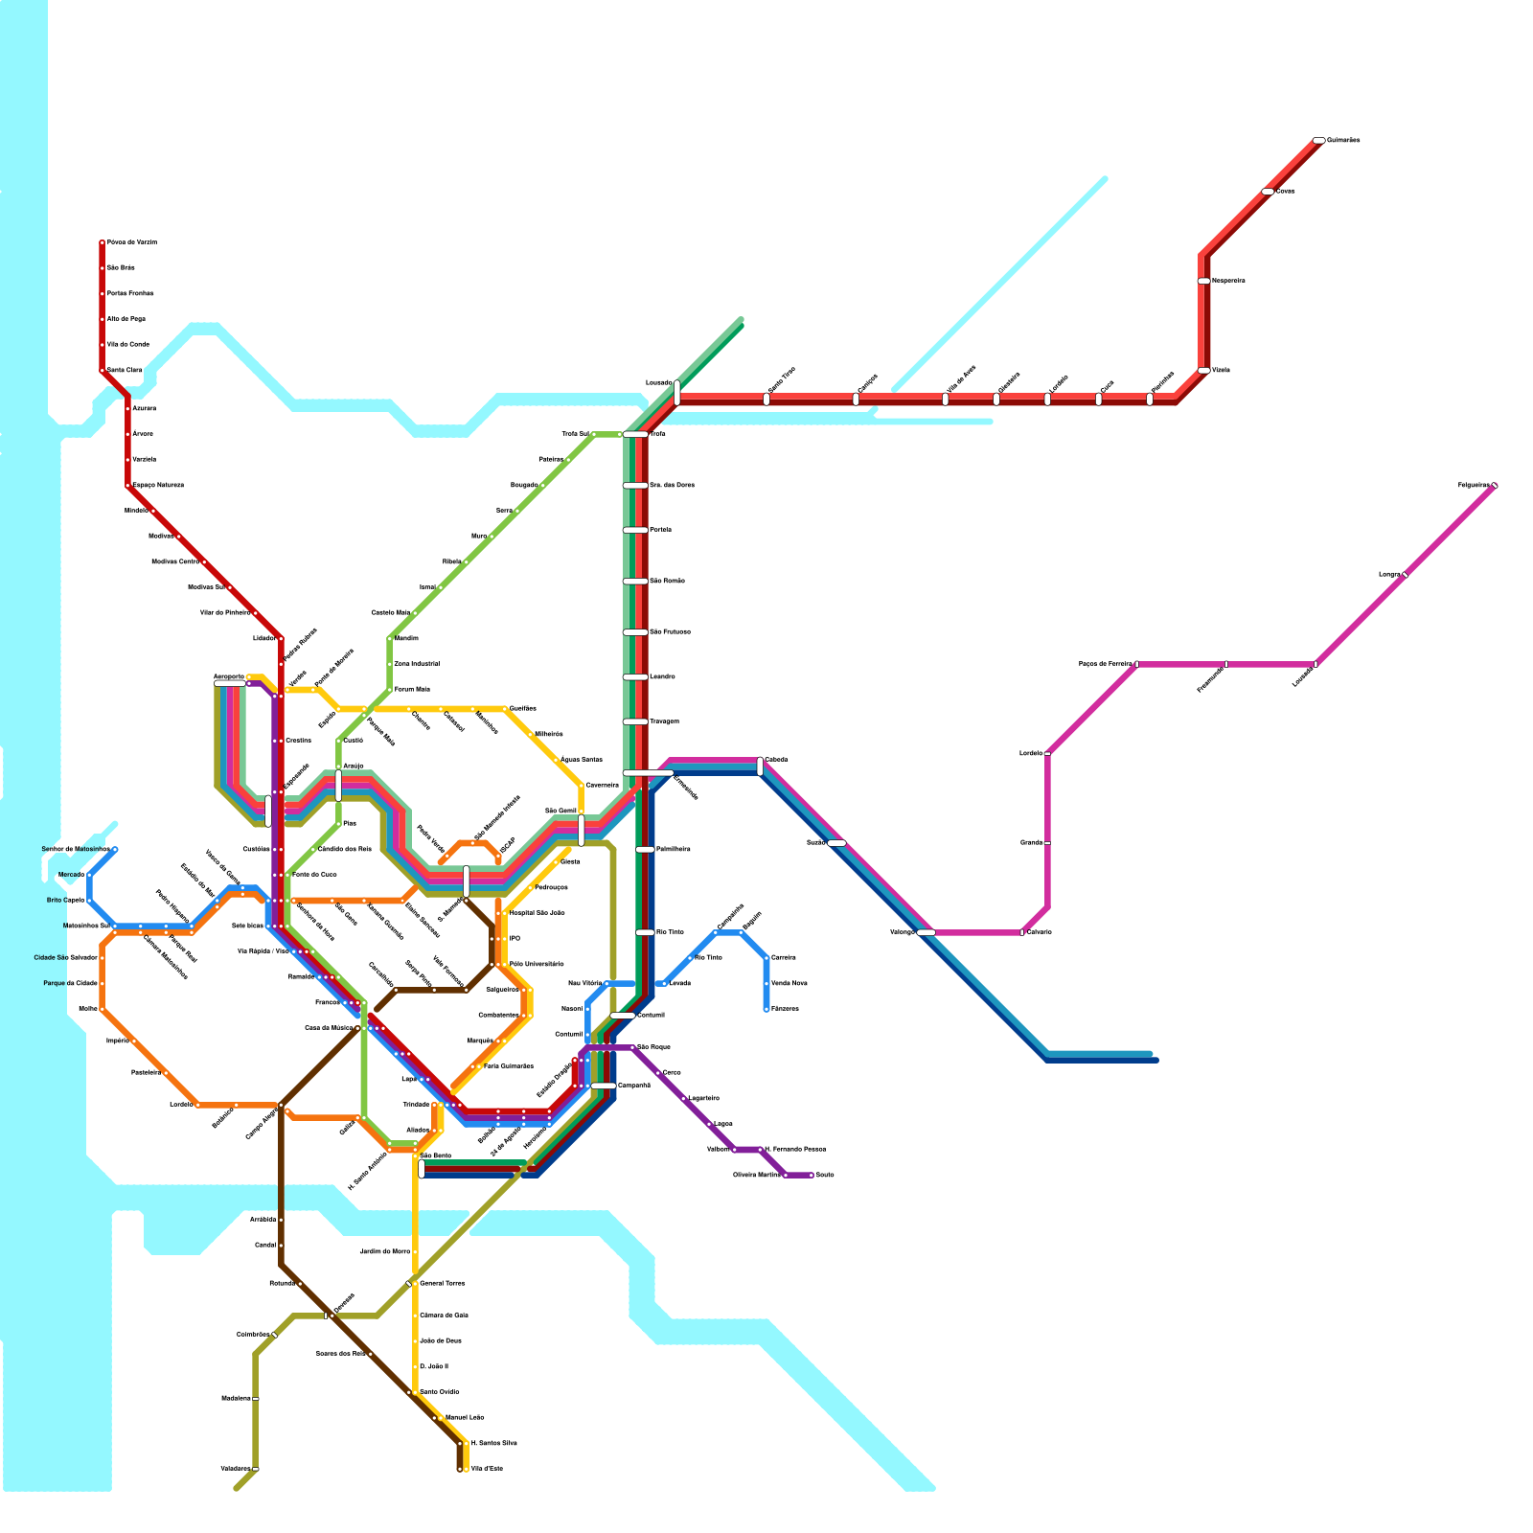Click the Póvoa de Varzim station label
131,242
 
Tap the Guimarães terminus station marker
1319,141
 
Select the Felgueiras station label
1473,486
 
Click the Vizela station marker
1204,371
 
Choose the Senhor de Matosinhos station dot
115,849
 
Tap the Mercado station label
70,875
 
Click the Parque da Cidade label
70,983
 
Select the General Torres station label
442,1283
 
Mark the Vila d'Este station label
486,1469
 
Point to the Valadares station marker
256,1469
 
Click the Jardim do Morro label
384,1251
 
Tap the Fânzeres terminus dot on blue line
766,1009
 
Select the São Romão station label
667,581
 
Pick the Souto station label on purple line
824,1175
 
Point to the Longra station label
1389,575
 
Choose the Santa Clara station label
125,370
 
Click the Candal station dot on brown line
281,1246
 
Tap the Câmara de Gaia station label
444,1316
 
